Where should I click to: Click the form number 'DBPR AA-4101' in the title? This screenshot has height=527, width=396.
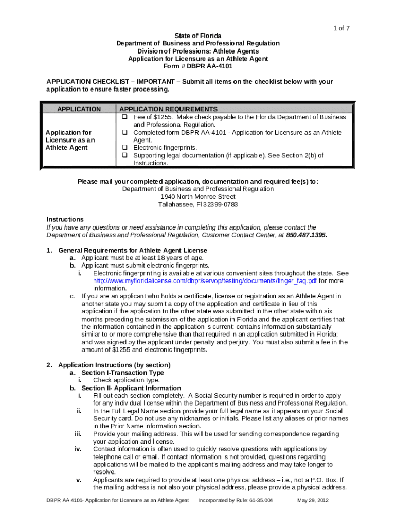(210, 66)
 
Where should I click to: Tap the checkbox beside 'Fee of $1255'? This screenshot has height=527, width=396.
(124, 117)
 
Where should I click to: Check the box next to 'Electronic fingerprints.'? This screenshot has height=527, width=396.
(124, 148)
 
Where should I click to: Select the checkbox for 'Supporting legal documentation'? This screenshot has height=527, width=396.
(124, 155)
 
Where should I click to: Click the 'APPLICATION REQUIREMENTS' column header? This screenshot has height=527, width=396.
(168, 109)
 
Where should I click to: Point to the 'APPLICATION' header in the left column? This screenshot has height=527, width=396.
(79, 109)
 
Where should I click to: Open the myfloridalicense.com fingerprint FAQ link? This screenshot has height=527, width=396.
(204, 281)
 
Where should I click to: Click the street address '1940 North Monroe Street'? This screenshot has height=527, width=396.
(197, 197)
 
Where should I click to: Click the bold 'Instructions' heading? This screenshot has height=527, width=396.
(65, 219)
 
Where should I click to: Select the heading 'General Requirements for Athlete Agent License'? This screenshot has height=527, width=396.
(133, 250)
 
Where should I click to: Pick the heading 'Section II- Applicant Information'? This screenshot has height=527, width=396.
(131, 388)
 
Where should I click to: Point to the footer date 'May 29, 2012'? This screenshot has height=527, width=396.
(313, 500)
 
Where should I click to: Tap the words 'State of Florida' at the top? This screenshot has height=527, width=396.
(197, 36)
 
